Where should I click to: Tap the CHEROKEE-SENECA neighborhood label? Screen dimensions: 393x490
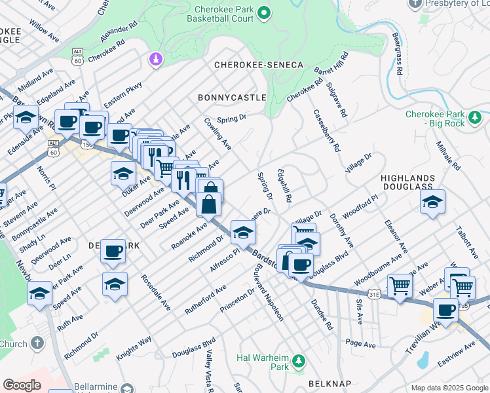[x=259, y=65]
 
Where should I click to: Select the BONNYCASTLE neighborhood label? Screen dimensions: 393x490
[x=232, y=97]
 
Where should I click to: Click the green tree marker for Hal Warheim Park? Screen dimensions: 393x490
[x=299, y=361]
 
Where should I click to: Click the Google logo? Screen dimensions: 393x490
[x=22, y=384]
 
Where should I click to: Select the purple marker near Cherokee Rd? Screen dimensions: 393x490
[x=156, y=60]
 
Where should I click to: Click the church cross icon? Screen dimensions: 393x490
[x=38, y=343]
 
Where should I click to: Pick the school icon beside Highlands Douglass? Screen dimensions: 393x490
[x=432, y=203]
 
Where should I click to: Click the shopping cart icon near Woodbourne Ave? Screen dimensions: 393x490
[x=399, y=285]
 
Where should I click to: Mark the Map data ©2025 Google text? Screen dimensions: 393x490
[x=449, y=388]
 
